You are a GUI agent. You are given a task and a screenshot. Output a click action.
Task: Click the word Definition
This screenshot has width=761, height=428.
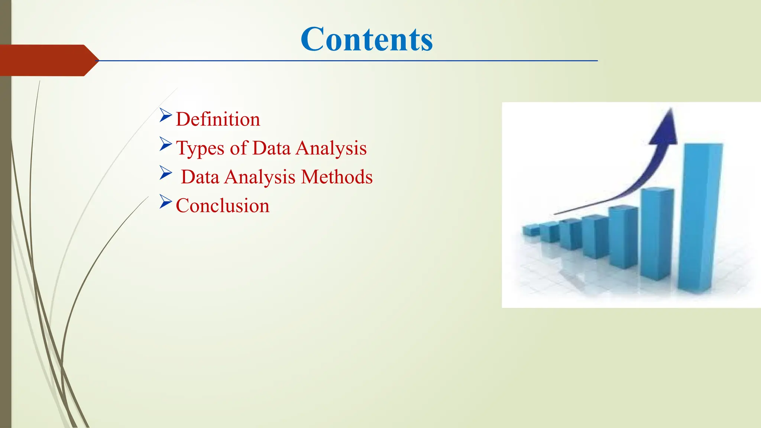coord(218,119)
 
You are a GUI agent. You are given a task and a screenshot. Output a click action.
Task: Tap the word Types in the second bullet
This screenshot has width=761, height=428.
coord(200,148)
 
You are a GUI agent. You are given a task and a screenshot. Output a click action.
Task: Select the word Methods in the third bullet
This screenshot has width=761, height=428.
coord(337,177)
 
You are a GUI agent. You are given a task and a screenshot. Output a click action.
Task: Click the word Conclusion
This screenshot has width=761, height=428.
coord(222,205)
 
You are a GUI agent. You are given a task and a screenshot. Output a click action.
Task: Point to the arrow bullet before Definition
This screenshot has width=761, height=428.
coord(165,115)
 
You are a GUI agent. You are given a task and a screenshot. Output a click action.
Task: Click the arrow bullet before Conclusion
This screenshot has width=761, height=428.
coord(165,201)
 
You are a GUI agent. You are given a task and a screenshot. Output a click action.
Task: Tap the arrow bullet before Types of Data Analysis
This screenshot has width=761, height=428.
coord(165,144)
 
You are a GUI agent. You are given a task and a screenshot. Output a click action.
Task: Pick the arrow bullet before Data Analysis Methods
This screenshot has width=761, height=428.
coord(165,173)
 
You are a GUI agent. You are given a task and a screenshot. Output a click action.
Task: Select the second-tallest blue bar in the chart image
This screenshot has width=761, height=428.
coord(657,234)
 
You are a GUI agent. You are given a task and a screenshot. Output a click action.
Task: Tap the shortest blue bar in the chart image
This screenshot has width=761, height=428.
coord(531,230)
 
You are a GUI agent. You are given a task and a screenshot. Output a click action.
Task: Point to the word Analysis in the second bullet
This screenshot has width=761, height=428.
coord(331,148)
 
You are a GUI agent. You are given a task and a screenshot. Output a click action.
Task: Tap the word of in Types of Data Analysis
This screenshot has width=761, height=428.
coord(238,148)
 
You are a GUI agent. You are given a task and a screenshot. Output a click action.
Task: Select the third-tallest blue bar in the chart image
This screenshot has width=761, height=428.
coord(623,238)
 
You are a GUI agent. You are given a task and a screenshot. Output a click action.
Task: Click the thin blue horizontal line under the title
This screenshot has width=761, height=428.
coord(346,61)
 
